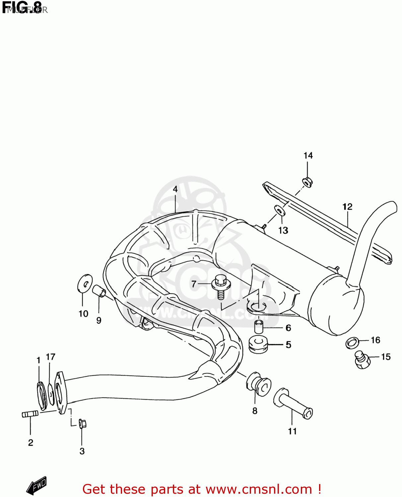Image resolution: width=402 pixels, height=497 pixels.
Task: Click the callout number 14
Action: (x=308, y=155)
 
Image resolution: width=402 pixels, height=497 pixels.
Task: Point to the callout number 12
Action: (x=347, y=207)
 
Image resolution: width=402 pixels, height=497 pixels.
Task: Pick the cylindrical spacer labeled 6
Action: (x=259, y=326)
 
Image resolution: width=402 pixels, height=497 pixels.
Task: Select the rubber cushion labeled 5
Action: (x=258, y=345)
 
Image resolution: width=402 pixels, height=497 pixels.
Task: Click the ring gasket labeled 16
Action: (x=352, y=343)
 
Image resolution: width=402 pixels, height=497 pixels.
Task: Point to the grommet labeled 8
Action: (x=259, y=384)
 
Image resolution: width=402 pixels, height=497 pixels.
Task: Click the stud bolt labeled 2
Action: (x=30, y=414)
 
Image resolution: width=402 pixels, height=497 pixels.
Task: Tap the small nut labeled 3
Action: (x=82, y=423)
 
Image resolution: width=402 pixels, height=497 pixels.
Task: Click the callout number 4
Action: (x=175, y=189)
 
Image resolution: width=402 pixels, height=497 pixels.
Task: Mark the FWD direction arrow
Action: (x=36, y=486)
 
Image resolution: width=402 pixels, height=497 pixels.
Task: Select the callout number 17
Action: (x=50, y=357)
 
